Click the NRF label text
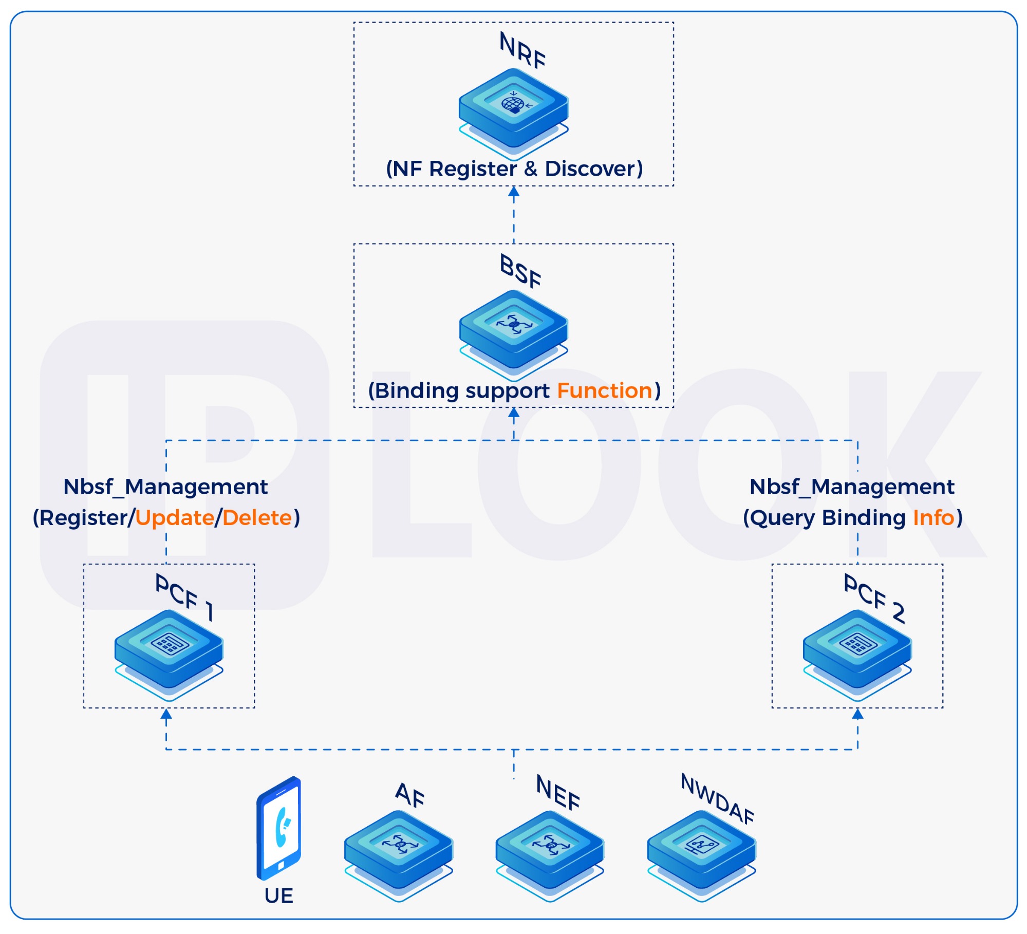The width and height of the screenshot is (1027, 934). point(522,50)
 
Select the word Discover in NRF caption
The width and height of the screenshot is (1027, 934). point(593,169)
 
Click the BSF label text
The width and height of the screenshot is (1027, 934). point(520,271)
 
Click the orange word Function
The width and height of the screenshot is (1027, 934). point(605,390)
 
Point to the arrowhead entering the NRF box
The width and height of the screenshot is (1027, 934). point(514,192)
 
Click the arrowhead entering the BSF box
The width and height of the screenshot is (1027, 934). point(514,413)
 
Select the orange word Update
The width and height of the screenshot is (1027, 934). point(175,518)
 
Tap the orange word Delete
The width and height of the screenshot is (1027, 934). point(257,517)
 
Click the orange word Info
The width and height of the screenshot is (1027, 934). point(933,517)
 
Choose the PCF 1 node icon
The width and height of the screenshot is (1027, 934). point(169,649)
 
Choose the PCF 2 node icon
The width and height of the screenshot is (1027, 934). point(857,649)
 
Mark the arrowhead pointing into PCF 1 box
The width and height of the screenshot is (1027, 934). point(166,714)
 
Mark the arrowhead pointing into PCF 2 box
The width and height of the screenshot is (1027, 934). point(857,714)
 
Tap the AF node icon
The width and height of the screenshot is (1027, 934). point(399,850)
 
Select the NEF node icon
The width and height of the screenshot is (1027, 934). point(550,850)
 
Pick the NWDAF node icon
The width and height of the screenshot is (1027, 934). point(701,850)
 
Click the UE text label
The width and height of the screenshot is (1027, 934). point(279,896)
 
